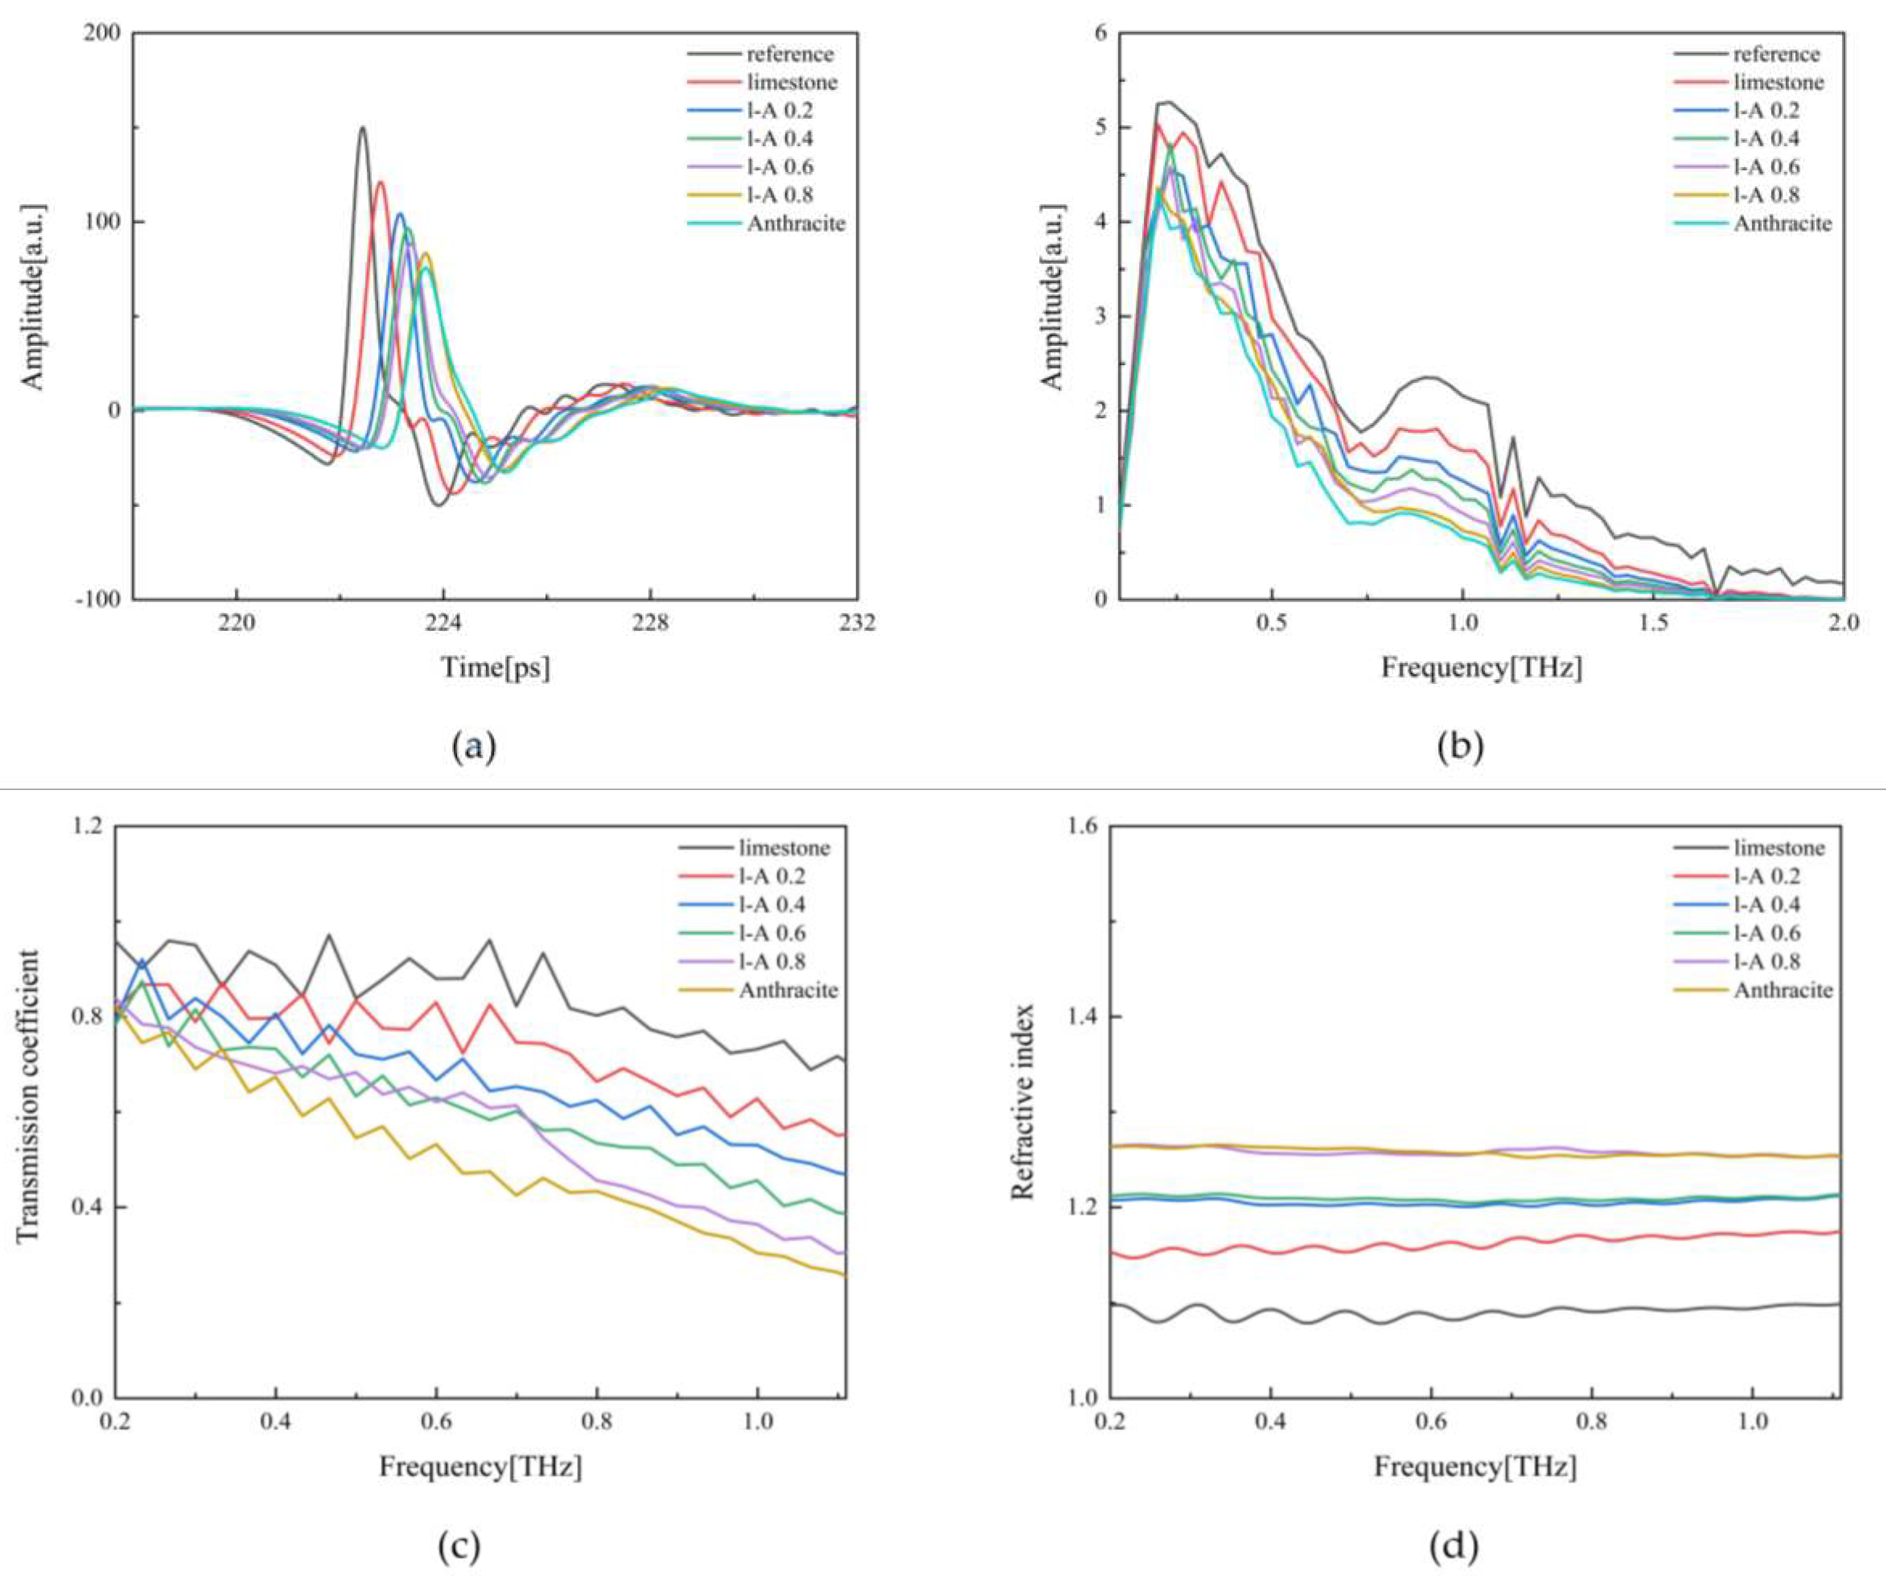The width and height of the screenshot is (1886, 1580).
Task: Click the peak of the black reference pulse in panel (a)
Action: click(x=362, y=127)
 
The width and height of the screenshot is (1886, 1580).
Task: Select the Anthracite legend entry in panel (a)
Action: click(x=796, y=223)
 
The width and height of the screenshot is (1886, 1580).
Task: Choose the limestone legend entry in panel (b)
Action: click(x=1778, y=82)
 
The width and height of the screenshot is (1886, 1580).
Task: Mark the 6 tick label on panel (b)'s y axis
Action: click(x=1100, y=33)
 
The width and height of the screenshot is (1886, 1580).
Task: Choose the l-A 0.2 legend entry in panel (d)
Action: click(x=1767, y=876)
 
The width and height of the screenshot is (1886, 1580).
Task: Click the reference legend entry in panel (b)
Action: click(x=1777, y=54)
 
